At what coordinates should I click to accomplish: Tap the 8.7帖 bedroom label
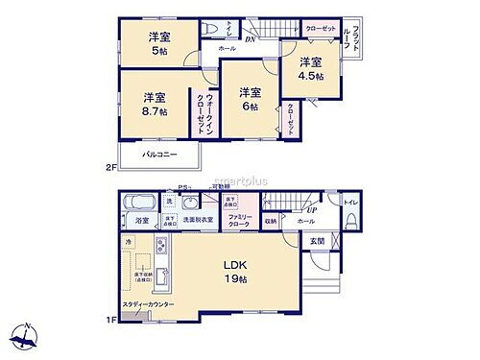click(x=156, y=104)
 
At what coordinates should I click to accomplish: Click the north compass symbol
click(x=26, y=336)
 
